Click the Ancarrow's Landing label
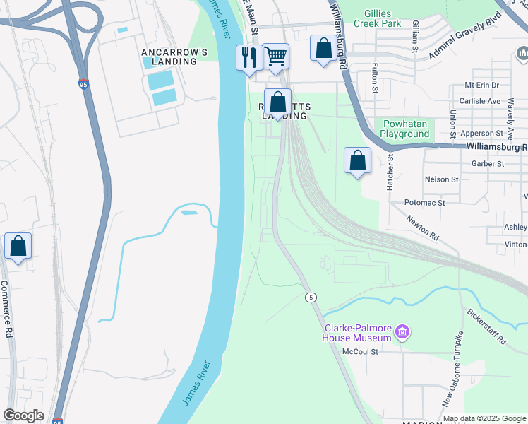coord(174,57)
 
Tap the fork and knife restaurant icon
coord(248,57)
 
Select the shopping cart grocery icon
coord(275,56)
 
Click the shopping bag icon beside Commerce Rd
coord(18,247)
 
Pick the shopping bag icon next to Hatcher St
coord(358,160)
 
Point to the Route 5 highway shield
coord(310,298)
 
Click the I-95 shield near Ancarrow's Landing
coord(83,85)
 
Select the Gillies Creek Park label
coord(392,18)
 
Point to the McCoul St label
coord(360,351)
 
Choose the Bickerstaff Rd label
coord(486,326)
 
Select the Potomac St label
coord(424,202)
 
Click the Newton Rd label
coord(423,227)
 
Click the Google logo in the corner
coord(23,416)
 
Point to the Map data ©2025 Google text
coord(484,418)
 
